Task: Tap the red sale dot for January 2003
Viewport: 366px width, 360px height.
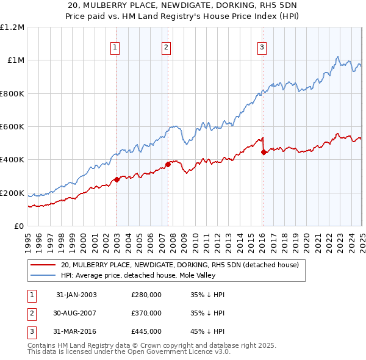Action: tap(117, 179)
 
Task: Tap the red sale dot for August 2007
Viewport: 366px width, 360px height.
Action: tap(168, 164)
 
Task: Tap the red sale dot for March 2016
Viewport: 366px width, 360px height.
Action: tap(264, 153)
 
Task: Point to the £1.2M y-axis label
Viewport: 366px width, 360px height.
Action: tap(12, 27)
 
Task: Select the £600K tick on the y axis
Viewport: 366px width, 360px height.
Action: tap(12, 127)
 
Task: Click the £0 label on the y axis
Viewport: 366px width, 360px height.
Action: tap(19, 226)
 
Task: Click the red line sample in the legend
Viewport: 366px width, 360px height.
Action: tap(43, 265)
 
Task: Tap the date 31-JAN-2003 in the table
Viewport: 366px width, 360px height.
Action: tap(76, 295)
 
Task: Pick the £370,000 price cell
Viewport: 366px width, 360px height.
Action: tap(146, 313)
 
